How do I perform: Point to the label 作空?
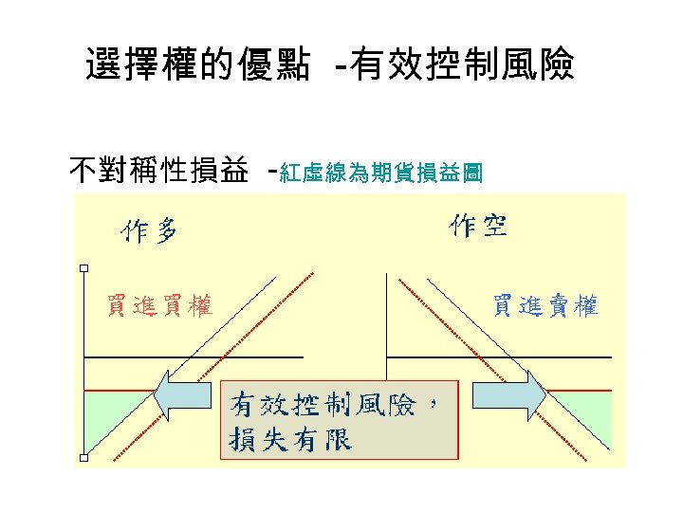click(x=478, y=227)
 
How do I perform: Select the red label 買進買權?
click(x=159, y=305)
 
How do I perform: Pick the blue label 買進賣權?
click(x=545, y=305)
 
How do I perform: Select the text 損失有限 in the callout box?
click(x=290, y=440)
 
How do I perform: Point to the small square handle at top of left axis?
click(x=83, y=268)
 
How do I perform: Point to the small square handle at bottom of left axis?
click(x=83, y=458)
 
